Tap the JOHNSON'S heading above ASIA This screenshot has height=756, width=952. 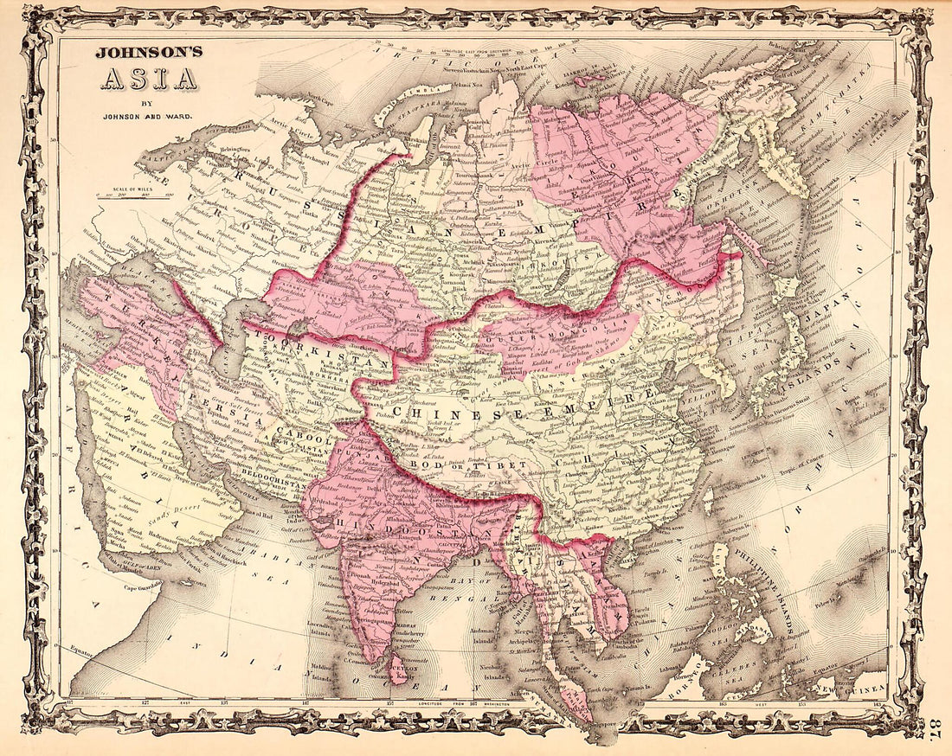coord(149,52)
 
